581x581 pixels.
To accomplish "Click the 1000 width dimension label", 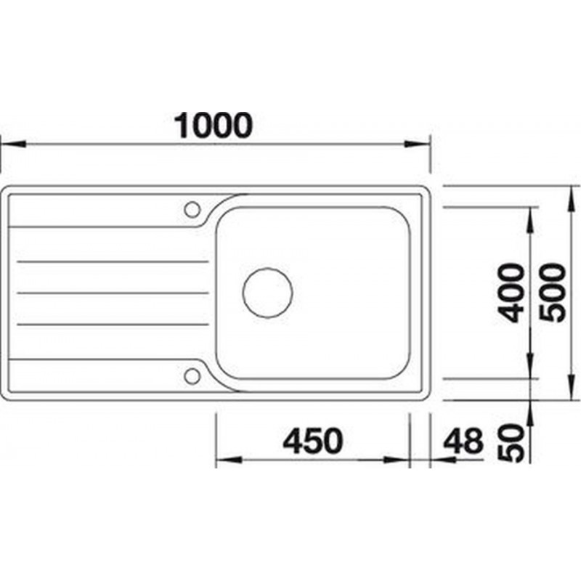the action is click(214, 125).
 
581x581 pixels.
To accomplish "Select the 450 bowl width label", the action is click(313, 441).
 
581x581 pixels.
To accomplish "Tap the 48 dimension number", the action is click(463, 441).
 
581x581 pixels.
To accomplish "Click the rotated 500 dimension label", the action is click(553, 293).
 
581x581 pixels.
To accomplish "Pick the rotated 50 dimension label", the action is click(512, 443).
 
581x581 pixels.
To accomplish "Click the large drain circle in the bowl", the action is click(267, 293).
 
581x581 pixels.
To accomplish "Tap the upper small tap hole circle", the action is click(192, 209).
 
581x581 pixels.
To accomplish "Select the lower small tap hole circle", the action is click(192, 375).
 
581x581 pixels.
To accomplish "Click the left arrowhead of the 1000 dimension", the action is click(13, 144).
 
